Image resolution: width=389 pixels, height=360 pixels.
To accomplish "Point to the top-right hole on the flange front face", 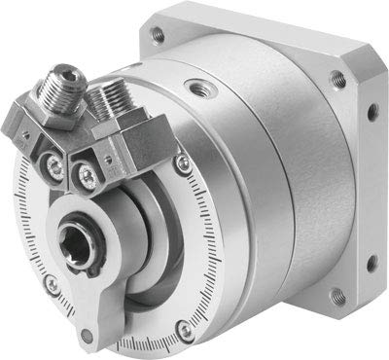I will click(x=336, y=77).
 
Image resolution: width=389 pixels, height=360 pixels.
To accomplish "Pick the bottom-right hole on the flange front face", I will click(x=336, y=292).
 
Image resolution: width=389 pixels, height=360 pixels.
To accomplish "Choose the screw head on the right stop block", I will click(x=88, y=174).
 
